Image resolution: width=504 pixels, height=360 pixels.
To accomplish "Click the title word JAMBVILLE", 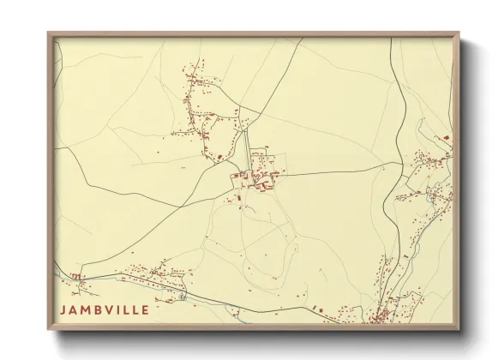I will tap(105, 309).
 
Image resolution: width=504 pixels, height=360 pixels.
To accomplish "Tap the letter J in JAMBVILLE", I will tap(63, 309).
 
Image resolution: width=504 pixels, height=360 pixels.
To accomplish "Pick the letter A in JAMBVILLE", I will tap(73, 309).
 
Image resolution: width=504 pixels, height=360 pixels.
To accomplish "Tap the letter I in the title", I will tap(117, 309).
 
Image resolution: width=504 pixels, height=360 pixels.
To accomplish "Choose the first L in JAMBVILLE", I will tap(125, 309).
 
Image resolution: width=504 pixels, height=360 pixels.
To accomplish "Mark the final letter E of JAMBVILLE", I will tap(146, 309).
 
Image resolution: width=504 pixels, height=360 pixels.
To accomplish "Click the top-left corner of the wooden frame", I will tap(49, 33).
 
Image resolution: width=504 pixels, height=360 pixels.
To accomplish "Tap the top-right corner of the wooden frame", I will tap(459, 33).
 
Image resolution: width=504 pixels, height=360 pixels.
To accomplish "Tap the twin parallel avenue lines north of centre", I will tap(248, 147).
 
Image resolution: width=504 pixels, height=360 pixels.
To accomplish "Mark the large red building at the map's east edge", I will tap(446, 137).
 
